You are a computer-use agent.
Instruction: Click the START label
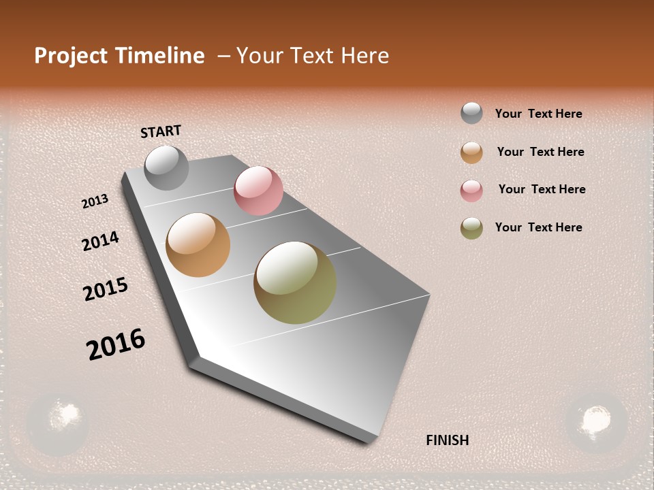click(x=161, y=131)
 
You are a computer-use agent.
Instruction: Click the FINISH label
click(x=447, y=440)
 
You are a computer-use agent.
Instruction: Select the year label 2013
click(x=95, y=201)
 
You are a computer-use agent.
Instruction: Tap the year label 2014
click(x=100, y=241)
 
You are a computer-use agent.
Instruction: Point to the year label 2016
click(x=116, y=344)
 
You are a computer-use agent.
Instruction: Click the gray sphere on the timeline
click(x=166, y=167)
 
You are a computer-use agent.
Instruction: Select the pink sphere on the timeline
click(x=258, y=191)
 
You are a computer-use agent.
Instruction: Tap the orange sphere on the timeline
click(x=198, y=245)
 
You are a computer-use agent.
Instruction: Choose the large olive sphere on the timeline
click(x=295, y=282)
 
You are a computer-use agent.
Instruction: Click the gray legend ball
click(x=471, y=113)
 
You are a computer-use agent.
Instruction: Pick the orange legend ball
click(x=471, y=152)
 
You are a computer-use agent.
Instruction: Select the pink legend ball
click(x=471, y=191)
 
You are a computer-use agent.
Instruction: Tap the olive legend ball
click(x=471, y=228)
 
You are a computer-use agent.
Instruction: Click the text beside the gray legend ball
click(x=538, y=114)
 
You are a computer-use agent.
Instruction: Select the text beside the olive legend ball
click(x=538, y=227)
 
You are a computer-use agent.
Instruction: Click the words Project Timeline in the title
click(x=119, y=56)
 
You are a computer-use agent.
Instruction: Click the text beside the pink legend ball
click(x=542, y=189)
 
